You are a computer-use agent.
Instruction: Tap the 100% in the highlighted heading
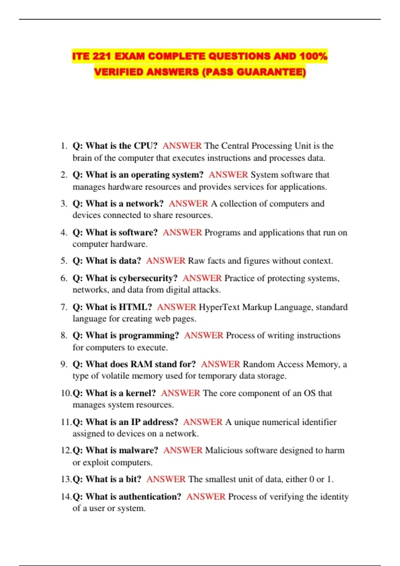point(313,56)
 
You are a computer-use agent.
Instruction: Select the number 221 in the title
point(101,56)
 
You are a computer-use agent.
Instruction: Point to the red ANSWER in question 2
point(228,175)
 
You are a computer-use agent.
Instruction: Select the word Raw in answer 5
point(196,261)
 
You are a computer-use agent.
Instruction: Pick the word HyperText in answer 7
point(219,307)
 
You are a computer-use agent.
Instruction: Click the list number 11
point(66,422)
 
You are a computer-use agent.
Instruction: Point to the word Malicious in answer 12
point(224,450)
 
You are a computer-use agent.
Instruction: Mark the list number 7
point(64,307)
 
